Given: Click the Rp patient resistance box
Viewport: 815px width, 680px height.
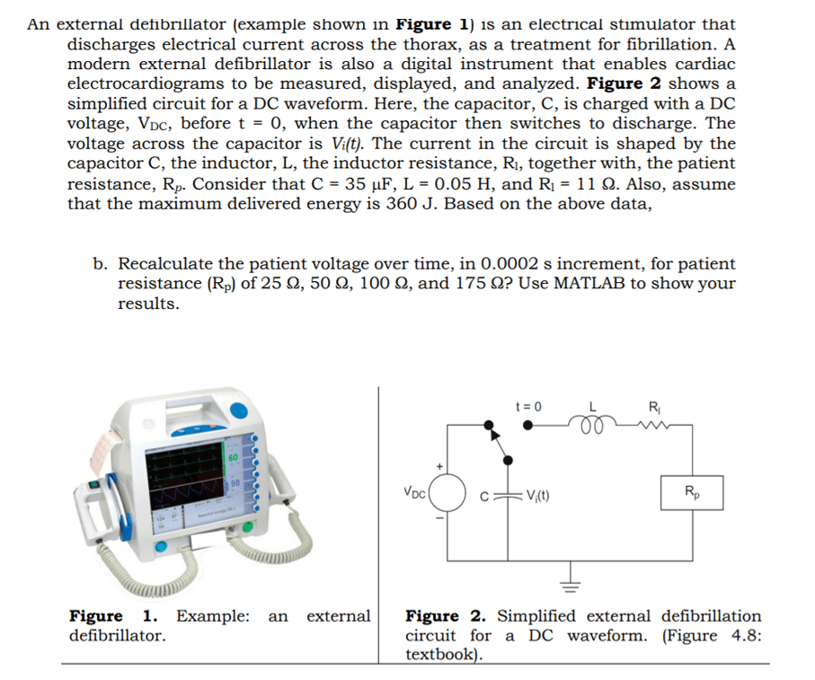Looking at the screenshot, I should [x=689, y=491].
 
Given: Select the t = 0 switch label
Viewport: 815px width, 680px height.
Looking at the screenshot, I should [x=529, y=406].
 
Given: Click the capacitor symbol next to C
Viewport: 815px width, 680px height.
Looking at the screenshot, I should [x=510, y=492].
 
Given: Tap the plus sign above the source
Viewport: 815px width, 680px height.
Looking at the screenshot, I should [x=440, y=466].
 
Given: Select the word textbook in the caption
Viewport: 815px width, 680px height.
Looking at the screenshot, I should [x=441, y=654].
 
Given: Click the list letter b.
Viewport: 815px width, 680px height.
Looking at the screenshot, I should [x=100, y=264].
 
